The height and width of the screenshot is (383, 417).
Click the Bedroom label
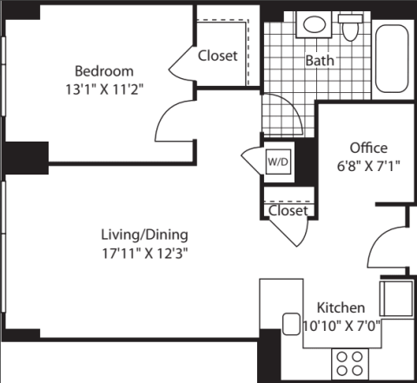point(104,71)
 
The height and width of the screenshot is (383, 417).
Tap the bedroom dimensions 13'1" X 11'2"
point(104,89)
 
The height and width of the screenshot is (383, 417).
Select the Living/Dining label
point(144,234)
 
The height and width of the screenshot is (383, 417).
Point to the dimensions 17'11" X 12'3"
point(145,254)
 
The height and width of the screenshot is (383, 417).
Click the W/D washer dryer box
point(278,162)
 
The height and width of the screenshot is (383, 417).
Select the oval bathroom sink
point(314,24)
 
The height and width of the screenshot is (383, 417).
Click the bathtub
point(392,58)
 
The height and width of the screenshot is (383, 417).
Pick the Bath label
point(320,61)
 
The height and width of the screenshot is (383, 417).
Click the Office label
point(368,148)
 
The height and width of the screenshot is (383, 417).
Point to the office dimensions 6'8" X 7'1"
point(368,166)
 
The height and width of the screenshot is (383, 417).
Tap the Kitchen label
point(341,307)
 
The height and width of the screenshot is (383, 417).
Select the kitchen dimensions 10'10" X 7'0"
point(341,327)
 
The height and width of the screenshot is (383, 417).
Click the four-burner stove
point(350,364)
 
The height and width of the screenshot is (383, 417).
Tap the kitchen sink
point(291,324)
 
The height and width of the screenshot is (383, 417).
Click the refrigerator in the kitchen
point(396,299)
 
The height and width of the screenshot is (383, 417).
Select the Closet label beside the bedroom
point(218,56)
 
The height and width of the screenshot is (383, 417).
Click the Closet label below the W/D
point(288,210)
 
